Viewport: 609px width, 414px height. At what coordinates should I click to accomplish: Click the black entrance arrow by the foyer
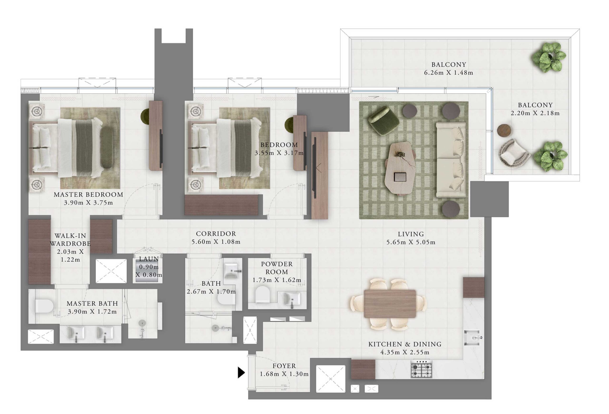click(x=241, y=372)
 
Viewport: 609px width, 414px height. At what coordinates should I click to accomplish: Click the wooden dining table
click(x=390, y=303)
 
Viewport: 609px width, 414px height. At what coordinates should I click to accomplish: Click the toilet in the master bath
click(x=44, y=306)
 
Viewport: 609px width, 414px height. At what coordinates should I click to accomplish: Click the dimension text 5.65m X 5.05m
click(x=411, y=242)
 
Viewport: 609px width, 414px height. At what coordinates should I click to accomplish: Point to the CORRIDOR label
click(x=216, y=234)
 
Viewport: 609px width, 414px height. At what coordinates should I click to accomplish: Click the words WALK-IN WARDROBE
click(x=70, y=240)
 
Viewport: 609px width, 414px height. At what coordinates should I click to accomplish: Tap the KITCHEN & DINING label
click(x=405, y=344)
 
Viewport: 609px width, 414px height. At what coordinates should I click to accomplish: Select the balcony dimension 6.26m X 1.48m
click(x=448, y=73)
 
